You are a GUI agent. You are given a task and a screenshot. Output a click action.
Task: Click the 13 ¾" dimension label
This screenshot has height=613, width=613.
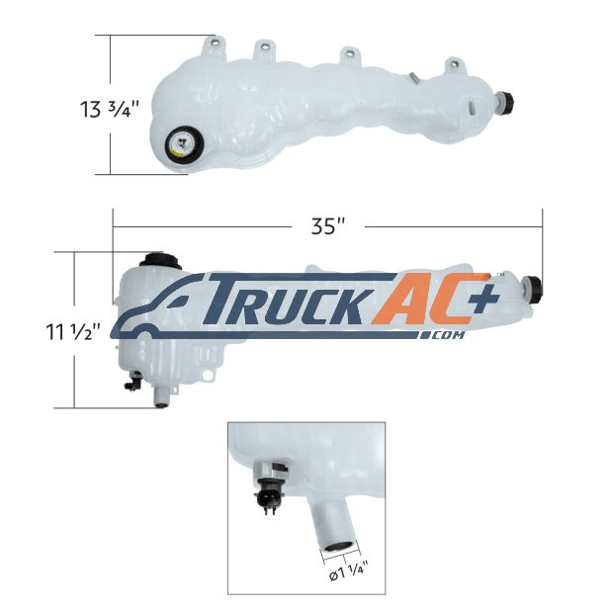point(110,109)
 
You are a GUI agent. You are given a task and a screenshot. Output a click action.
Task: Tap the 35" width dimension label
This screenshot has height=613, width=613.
point(328,226)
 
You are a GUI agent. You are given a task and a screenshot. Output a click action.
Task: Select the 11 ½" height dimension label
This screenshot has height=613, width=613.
point(73,332)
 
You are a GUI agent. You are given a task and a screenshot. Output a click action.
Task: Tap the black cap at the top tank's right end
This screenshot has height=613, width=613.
point(505,102)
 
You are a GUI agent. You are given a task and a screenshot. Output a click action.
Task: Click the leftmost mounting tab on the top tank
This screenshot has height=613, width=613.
point(214,47)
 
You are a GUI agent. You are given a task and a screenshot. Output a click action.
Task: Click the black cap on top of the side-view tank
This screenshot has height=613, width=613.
point(162,260)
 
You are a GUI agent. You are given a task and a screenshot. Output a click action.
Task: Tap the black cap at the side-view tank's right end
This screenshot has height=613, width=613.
point(533,289)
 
